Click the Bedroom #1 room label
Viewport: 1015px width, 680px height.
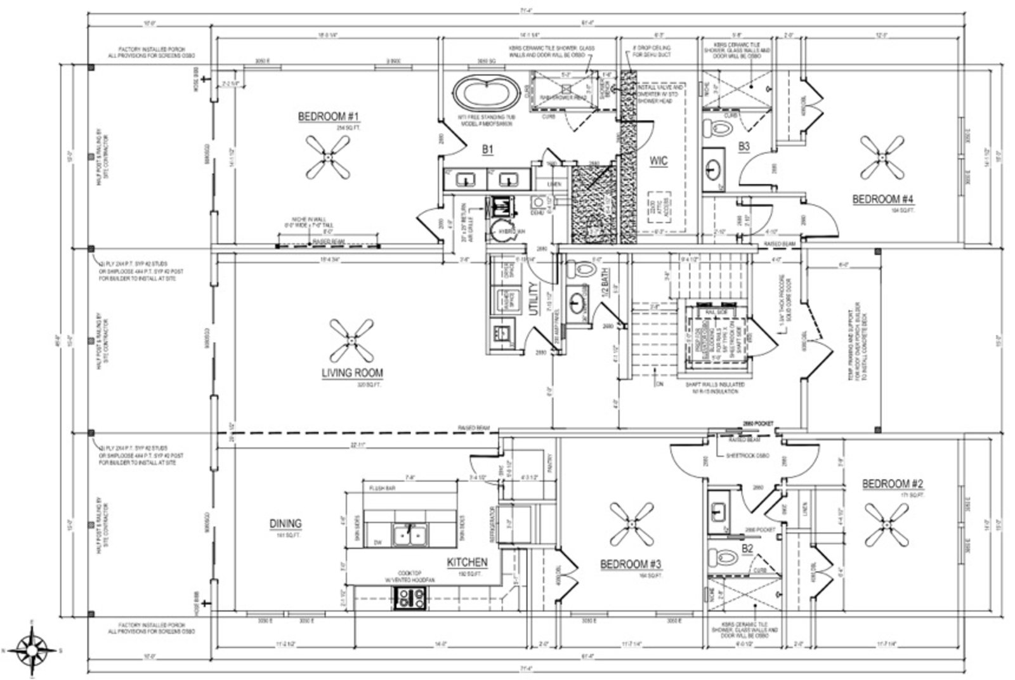[329, 117]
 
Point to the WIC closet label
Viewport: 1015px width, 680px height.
[658, 162]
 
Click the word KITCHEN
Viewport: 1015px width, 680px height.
[467, 562]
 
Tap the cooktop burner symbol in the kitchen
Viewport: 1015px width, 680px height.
[410, 596]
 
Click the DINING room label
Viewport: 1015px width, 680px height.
[285, 524]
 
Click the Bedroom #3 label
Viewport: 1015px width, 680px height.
[631, 564]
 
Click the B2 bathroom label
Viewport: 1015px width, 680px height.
[747, 548]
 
